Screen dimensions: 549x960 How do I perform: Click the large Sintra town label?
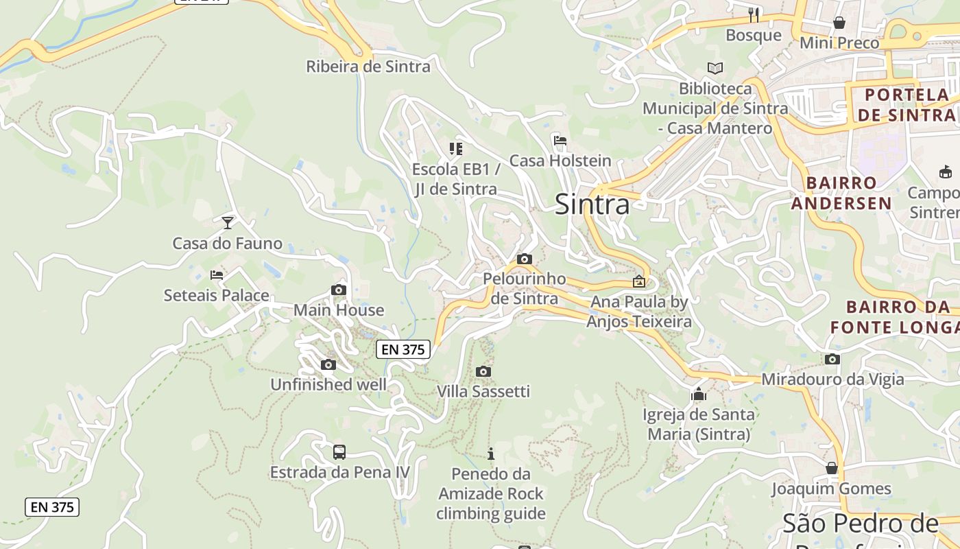(x=592, y=205)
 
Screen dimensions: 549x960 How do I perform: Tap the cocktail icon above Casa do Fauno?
(x=228, y=222)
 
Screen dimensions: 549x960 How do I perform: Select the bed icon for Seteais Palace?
(x=217, y=275)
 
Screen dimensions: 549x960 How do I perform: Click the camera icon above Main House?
(x=338, y=290)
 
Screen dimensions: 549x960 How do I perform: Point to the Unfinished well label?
(x=328, y=384)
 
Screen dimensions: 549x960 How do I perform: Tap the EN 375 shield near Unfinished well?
(x=403, y=349)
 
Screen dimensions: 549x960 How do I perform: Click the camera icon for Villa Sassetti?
(x=483, y=371)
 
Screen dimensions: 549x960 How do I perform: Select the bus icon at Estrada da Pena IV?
(x=339, y=452)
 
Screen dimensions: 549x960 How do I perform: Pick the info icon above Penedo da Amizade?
(x=491, y=454)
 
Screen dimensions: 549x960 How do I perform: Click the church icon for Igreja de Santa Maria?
(x=699, y=394)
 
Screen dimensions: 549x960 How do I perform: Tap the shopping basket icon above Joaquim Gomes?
(x=832, y=468)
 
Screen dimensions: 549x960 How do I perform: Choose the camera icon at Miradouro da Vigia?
(x=832, y=359)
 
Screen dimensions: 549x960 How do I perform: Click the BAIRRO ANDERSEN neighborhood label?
(x=841, y=193)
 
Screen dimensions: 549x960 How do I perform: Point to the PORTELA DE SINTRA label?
(x=907, y=104)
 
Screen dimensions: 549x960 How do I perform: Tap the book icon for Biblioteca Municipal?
(x=715, y=68)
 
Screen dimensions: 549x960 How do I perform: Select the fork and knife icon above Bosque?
(x=754, y=14)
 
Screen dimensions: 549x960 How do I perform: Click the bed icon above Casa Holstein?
(x=560, y=141)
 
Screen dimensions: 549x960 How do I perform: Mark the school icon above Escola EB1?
(x=455, y=148)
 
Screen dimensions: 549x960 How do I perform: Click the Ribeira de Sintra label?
(x=368, y=67)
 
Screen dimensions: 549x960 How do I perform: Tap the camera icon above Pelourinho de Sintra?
(x=525, y=259)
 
